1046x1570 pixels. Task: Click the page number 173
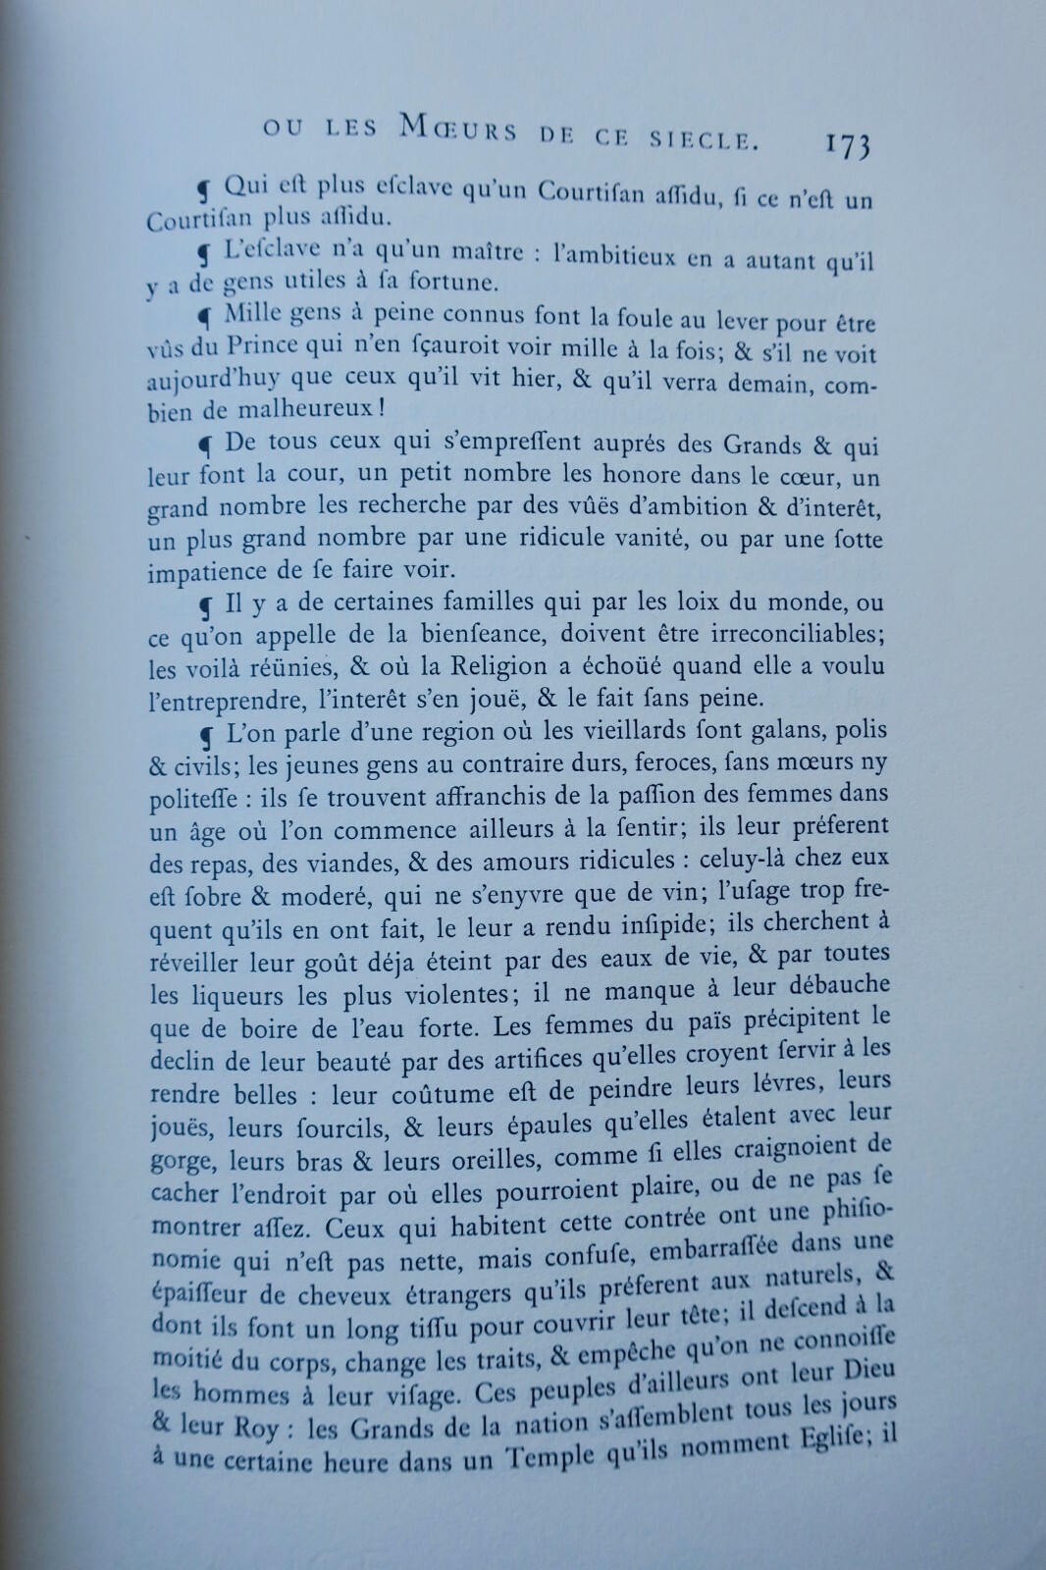844,146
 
